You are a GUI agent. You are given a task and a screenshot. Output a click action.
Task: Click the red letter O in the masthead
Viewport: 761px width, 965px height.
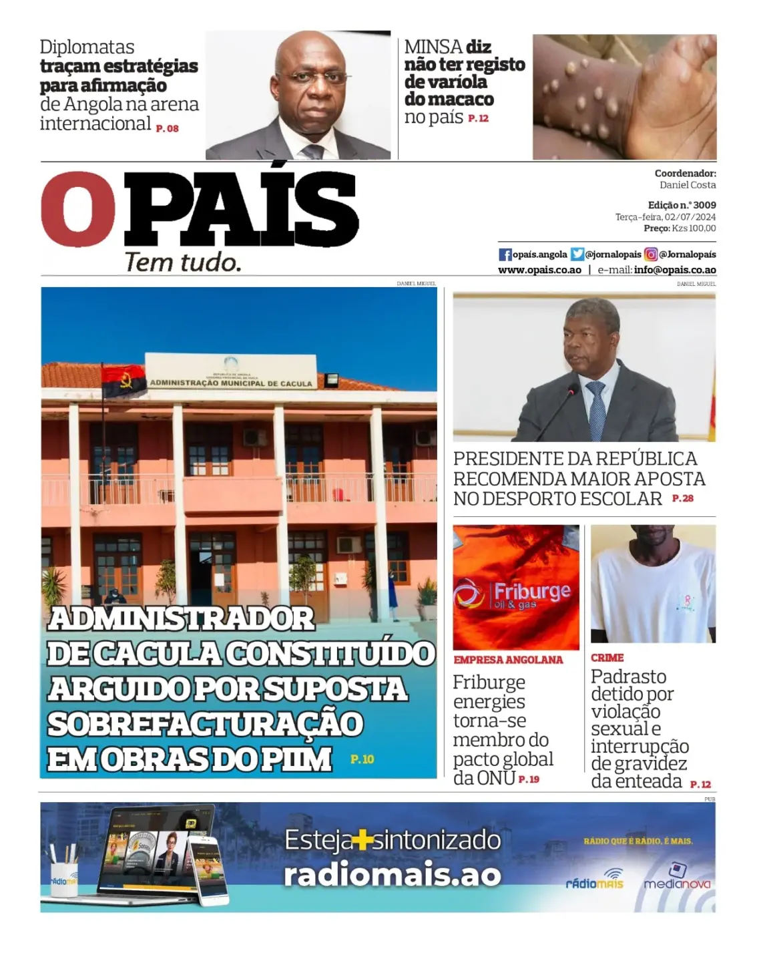78,209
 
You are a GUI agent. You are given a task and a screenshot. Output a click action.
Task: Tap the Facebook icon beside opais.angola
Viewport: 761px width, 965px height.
505,254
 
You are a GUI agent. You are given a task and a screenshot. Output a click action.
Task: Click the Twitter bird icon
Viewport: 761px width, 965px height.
577,254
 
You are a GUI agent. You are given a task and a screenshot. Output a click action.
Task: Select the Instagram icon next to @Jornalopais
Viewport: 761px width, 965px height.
651,254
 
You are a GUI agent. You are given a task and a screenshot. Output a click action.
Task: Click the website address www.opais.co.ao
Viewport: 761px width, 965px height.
539,270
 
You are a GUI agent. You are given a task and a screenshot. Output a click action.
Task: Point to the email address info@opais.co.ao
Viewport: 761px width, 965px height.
675,270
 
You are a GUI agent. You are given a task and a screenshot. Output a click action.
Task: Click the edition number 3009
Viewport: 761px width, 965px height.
704,205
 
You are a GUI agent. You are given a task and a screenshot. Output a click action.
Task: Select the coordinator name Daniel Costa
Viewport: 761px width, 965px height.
688,185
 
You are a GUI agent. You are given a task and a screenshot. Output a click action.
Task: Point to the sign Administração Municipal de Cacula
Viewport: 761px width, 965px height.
231,383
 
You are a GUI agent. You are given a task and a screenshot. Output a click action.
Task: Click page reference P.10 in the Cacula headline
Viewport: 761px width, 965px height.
362,759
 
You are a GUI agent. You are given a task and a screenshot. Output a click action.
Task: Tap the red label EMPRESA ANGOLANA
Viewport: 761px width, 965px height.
508,660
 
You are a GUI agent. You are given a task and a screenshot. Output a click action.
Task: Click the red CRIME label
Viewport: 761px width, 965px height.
607,658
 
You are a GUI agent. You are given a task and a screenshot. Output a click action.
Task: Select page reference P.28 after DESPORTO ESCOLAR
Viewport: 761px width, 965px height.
683,498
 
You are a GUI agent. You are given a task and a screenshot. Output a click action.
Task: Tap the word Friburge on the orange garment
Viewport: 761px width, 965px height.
531,591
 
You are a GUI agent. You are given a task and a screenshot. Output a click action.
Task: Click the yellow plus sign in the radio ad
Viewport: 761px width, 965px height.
362,840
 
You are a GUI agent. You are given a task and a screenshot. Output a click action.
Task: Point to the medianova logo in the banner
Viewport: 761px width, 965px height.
677,878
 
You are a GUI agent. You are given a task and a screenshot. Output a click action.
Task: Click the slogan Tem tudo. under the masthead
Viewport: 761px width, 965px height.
183,262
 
